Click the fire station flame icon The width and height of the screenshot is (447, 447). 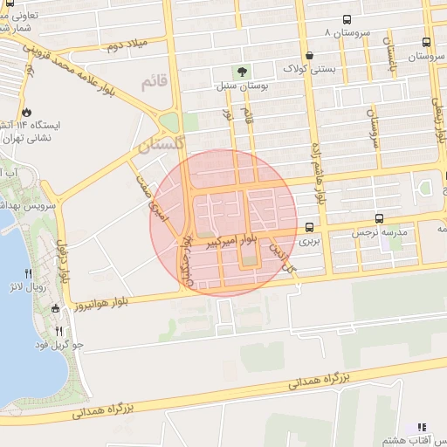tap(27, 112)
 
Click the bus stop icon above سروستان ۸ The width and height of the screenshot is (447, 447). tap(347, 19)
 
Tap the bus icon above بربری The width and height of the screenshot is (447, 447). tap(309, 224)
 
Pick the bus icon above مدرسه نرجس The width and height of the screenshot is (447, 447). tap(380, 218)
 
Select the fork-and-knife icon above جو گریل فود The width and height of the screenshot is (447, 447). tap(59, 331)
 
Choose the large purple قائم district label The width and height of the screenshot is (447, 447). tap(150, 84)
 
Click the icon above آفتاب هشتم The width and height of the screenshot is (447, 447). tap(423, 428)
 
